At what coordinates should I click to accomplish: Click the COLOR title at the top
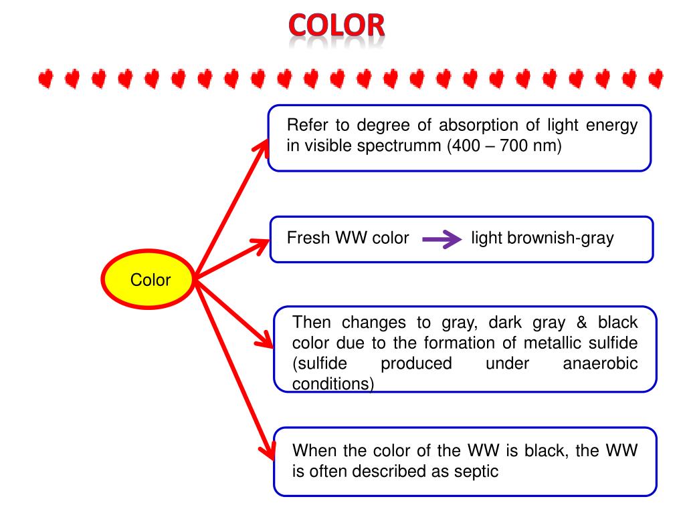(337, 26)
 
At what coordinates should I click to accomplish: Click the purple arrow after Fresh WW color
(442, 239)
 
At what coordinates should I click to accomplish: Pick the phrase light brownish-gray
(542, 238)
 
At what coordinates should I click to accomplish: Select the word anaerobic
(600, 363)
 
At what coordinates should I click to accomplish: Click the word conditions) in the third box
(333, 384)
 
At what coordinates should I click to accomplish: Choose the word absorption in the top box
(477, 126)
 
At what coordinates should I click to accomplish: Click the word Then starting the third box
(312, 323)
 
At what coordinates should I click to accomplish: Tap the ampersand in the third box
(582, 323)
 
